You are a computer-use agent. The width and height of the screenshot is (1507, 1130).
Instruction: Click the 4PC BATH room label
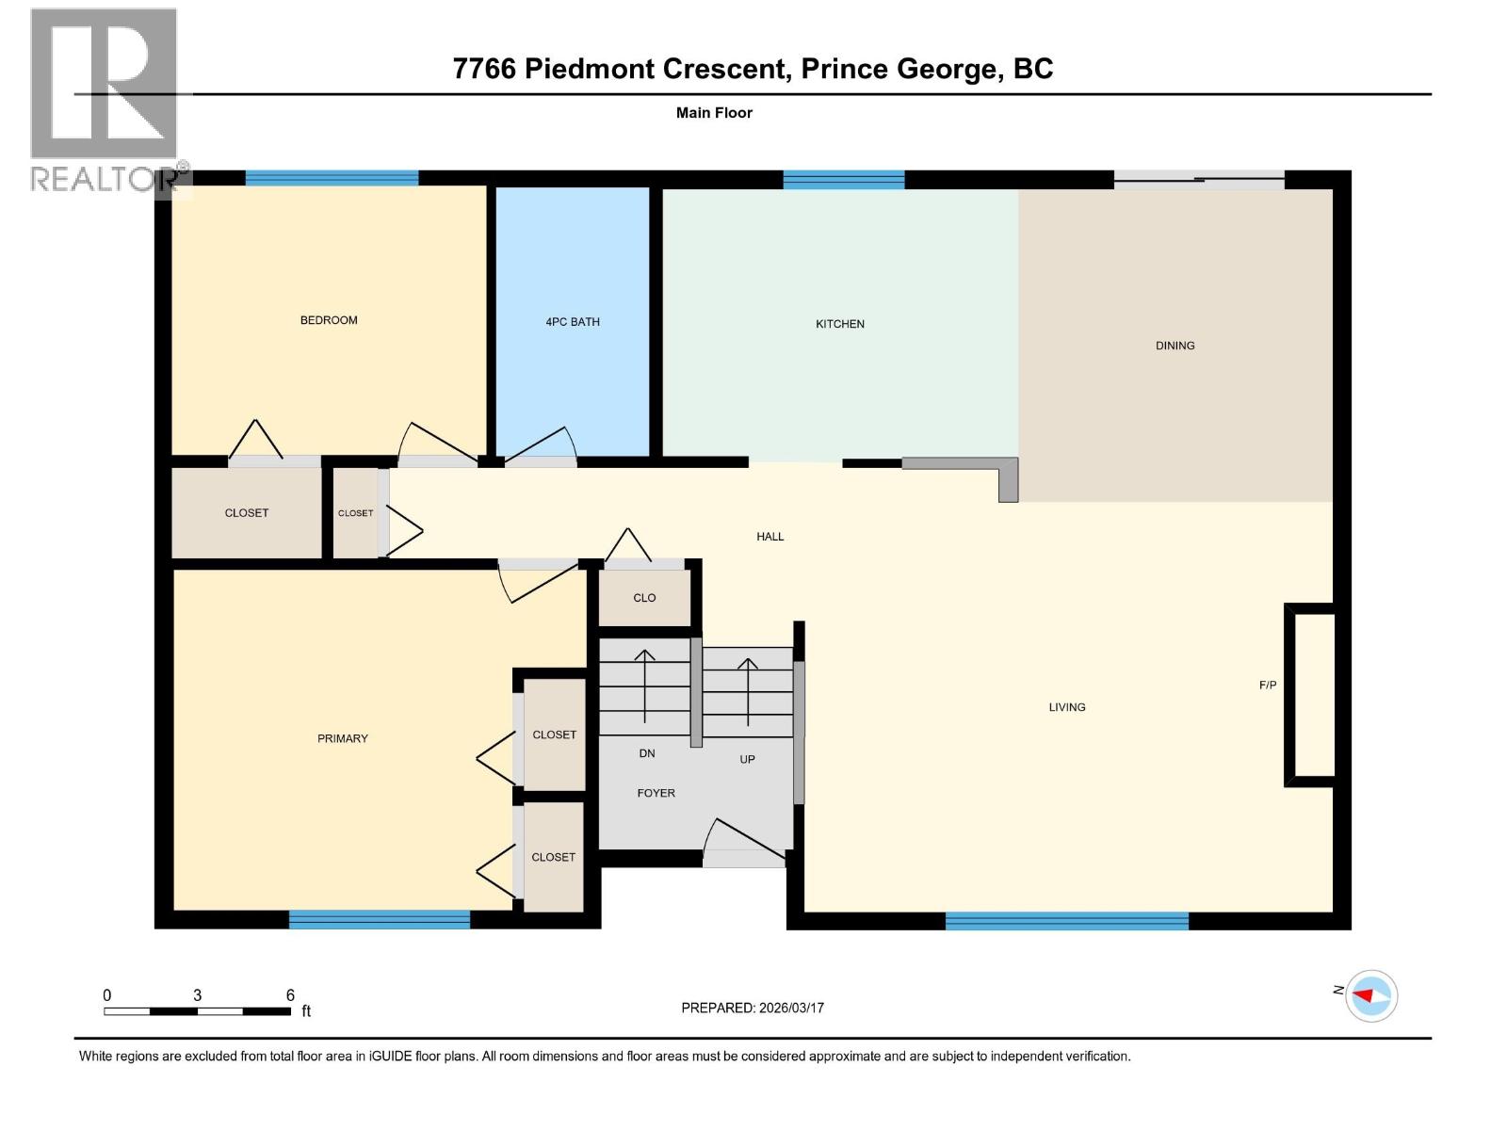573,322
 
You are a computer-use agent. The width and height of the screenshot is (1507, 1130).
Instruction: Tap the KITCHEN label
839,324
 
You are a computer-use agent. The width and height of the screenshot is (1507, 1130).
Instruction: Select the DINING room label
1175,346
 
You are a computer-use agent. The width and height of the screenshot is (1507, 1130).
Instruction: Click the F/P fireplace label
1268,686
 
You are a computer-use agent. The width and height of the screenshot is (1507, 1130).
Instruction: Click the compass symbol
1370,995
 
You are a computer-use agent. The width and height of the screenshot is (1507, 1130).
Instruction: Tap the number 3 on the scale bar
197,995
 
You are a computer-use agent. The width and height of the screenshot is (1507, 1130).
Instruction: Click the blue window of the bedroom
332,178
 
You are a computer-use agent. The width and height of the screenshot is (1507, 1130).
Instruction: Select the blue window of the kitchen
843,179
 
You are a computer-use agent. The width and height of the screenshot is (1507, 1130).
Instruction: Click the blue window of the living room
1066,921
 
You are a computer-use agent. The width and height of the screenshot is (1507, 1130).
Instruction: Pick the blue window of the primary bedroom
379,919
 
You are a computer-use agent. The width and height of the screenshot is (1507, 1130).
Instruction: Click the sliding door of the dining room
1198,180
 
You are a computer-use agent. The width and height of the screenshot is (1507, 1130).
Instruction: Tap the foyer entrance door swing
744,841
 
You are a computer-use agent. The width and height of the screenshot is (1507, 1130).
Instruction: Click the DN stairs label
647,753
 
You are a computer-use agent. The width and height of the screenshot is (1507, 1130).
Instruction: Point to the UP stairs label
747,759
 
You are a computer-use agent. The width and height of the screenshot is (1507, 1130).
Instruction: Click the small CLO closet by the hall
644,598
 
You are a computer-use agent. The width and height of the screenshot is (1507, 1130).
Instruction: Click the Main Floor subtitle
714,113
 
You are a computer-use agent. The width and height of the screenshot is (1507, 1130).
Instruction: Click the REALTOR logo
104,99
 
